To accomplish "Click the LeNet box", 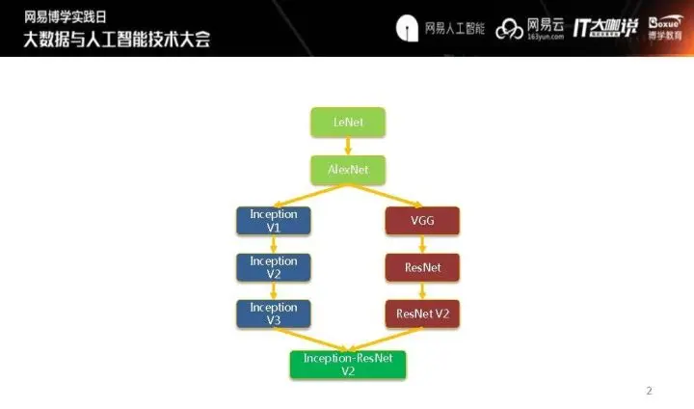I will coord(348,123).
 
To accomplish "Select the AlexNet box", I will coord(348,170).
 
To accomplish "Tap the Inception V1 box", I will coord(274,220).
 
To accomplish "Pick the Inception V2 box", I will coord(274,267).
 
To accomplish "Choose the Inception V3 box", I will coord(274,314).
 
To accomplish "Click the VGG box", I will coord(422,220).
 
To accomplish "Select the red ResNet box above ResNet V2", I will coord(422,267).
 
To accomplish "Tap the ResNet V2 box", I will coord(422,314).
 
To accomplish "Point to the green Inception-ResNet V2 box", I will coord(348,364).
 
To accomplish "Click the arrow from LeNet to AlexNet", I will coord(348,147).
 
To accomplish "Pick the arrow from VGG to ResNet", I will coord(422,244).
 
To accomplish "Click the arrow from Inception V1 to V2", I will coord(274,244).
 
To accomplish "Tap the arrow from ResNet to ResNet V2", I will coord(422,290).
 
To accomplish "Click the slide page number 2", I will coord(649,391).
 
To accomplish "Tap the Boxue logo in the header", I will coord(667,28).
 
